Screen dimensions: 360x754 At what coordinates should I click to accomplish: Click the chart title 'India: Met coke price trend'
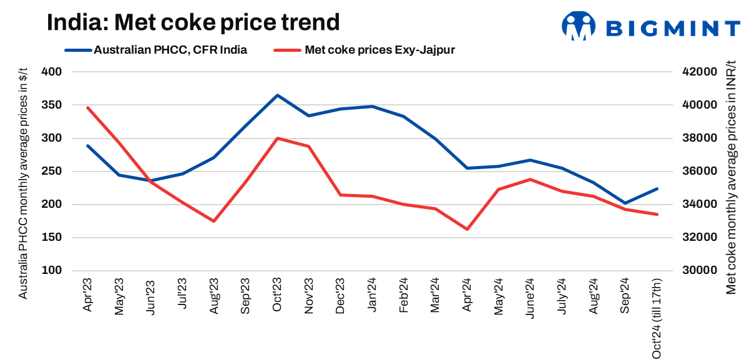(x=193, y=23)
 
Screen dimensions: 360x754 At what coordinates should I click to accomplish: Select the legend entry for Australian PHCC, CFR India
(x=170, y=50)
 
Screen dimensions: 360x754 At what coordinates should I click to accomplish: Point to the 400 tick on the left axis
(x=52, y=72)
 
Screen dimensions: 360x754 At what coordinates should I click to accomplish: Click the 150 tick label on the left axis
(x=52, y=238)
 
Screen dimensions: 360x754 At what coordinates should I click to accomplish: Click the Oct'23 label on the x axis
(x=278, y=296)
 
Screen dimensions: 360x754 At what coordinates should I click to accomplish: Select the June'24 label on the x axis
(x=531, y=298)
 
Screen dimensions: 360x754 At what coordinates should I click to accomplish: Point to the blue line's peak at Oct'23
(x=278, y=95)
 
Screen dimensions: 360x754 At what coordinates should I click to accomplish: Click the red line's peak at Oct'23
(x=278, y=138)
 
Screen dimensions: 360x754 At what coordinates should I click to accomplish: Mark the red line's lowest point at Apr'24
(x=467, y=229)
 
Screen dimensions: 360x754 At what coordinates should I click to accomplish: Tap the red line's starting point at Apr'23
(x=88, y=107)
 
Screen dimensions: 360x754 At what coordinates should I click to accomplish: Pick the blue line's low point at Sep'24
(x=625, y=203)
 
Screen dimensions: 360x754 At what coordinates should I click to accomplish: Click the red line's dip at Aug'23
(x=214, y=221)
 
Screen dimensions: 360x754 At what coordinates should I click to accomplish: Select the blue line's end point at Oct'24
(x=657, y=188)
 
